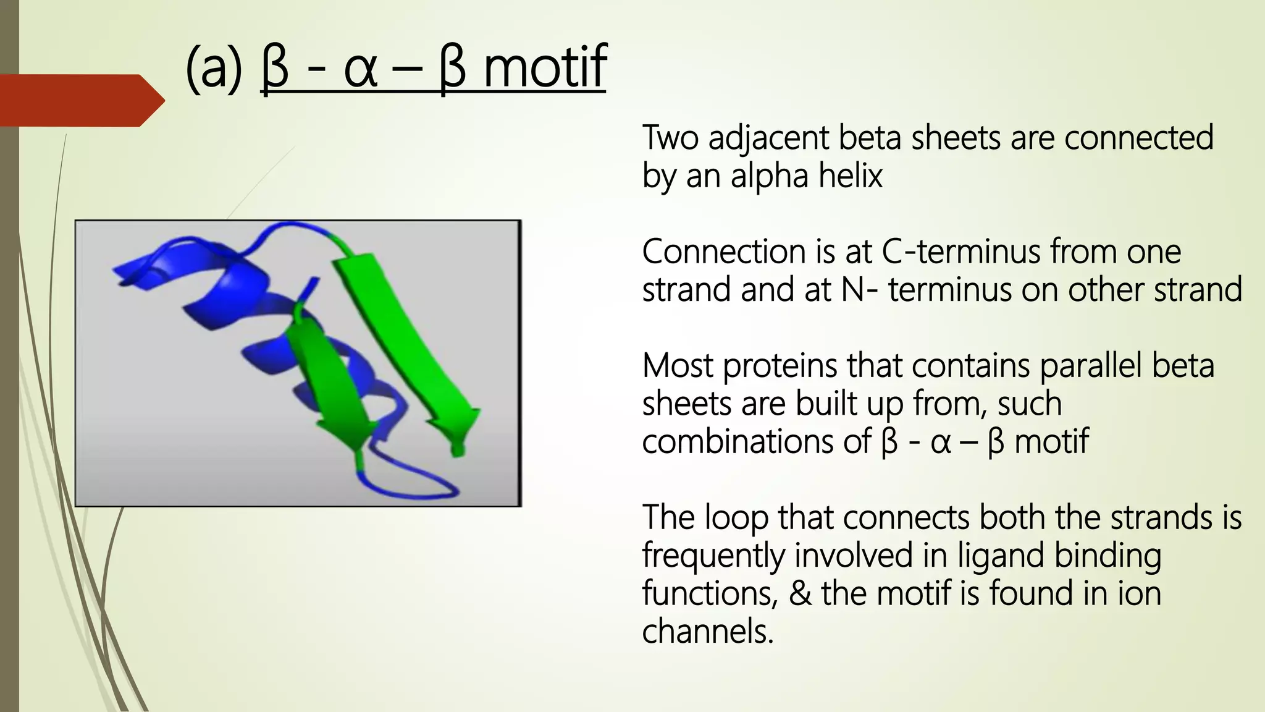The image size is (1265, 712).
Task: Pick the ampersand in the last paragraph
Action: [800, 593]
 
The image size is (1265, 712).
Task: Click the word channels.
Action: [707, 631]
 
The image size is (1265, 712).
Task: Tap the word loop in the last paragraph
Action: [736, 517]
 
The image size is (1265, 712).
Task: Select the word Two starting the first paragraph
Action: [670, 138]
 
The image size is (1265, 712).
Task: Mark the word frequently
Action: [713, 555]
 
